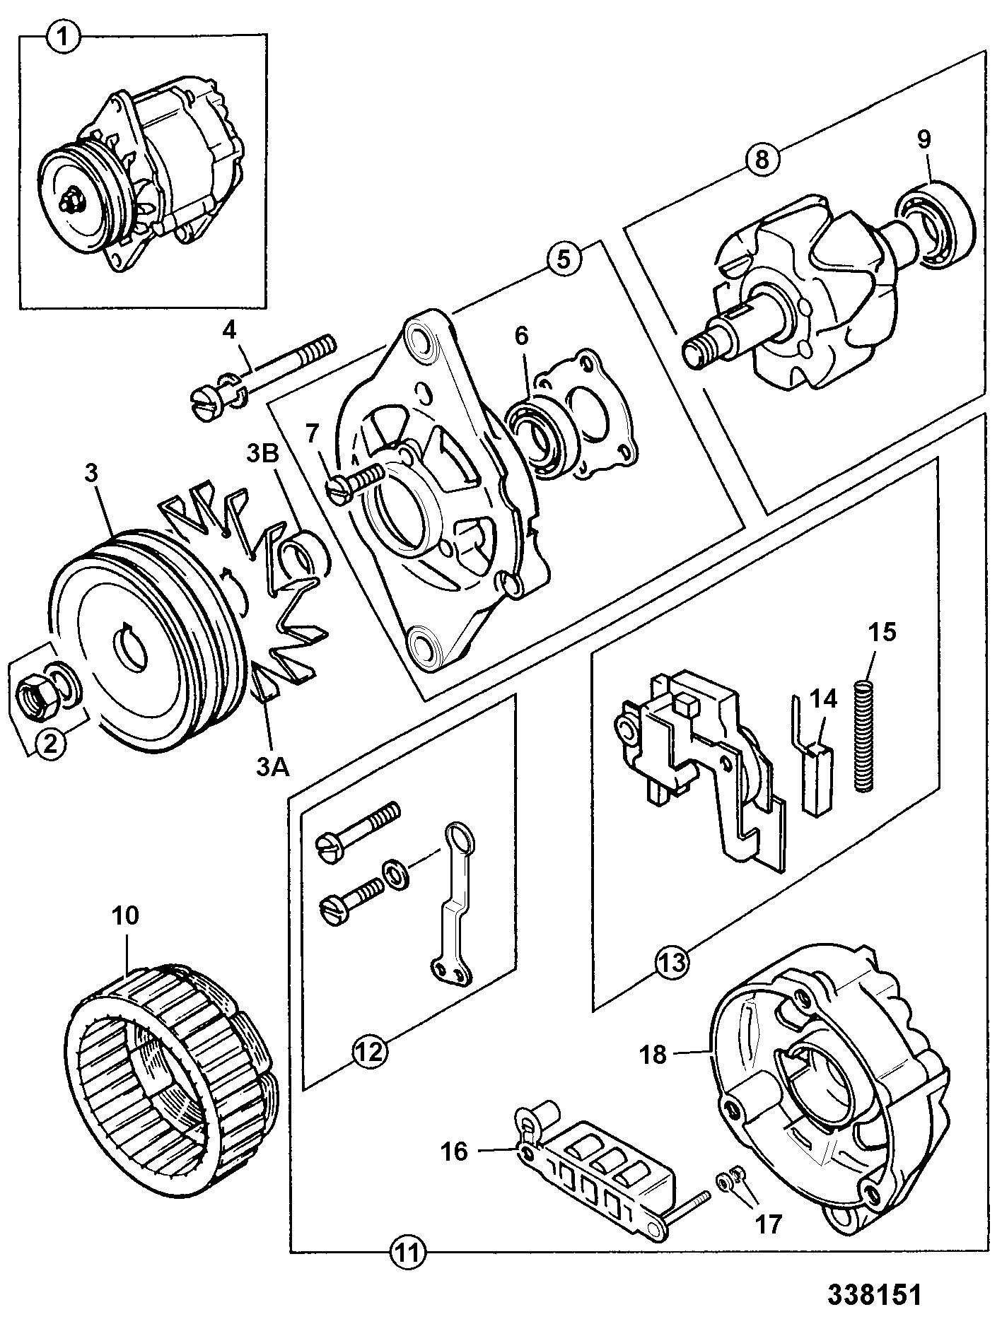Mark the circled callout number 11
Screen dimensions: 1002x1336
pyautogui.click(x=409, y=1253)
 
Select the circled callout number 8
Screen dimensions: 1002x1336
pyautogui.click(x=761, y=159)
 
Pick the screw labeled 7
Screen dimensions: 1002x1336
pyautogui.click(x=356, y=481)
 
